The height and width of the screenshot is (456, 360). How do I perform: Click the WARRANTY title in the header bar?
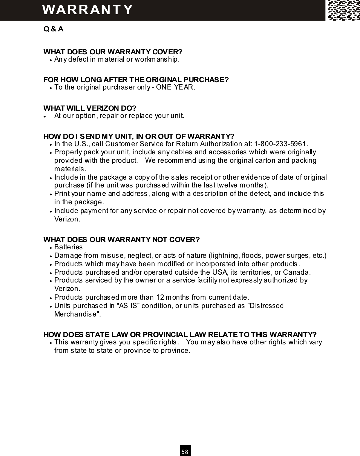pos(87,10)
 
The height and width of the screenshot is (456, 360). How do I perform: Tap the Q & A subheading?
pos(53,29)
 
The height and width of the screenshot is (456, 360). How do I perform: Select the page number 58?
pos(185,452)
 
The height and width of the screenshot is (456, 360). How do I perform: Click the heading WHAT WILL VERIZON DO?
pos(90,108)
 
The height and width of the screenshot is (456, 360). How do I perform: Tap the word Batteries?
pos(69,247)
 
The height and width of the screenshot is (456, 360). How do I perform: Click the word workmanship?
pos(159,60)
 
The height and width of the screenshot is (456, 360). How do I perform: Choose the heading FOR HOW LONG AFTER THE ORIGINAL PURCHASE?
pos(136,80)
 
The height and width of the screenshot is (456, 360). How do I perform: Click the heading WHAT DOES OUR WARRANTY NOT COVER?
pos(121,240)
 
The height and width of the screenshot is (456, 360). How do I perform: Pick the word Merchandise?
pos(77,314)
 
